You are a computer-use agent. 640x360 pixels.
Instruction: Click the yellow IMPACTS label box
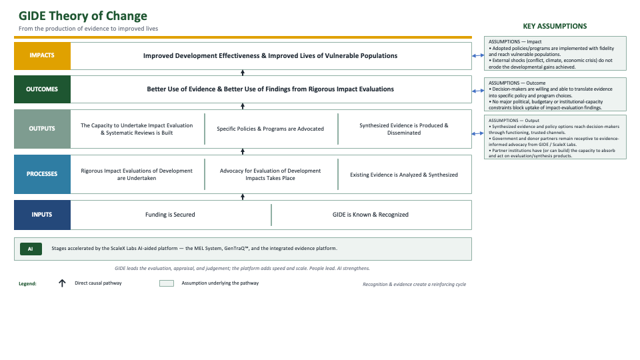42,56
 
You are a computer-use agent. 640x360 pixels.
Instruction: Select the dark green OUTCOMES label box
42,89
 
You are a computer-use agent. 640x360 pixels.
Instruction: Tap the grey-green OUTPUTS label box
42,129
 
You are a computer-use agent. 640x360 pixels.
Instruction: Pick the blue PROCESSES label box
42,174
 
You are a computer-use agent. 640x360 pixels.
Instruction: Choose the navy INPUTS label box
42,215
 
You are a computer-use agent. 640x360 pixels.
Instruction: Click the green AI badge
31,249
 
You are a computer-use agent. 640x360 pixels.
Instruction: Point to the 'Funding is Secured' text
170,215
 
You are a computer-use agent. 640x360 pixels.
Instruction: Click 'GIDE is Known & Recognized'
370,215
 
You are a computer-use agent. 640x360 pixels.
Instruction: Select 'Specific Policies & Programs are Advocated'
270,129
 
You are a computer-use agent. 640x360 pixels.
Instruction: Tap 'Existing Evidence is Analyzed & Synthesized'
404,175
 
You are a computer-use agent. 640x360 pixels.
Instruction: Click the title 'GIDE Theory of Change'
83,16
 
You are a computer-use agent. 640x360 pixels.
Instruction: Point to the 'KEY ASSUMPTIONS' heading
555,26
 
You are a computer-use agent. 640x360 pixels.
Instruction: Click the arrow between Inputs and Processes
243,197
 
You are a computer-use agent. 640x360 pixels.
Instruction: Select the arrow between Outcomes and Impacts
243,73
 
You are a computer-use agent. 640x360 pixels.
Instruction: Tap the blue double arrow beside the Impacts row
478,55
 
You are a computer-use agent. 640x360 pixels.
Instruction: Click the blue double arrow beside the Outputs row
478,133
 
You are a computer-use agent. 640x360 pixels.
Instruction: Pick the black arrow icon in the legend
62,283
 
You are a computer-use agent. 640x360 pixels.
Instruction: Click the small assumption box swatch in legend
167,283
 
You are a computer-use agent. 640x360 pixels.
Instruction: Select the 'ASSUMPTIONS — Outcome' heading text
517,83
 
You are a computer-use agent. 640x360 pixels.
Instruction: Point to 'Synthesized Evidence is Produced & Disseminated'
404,129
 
